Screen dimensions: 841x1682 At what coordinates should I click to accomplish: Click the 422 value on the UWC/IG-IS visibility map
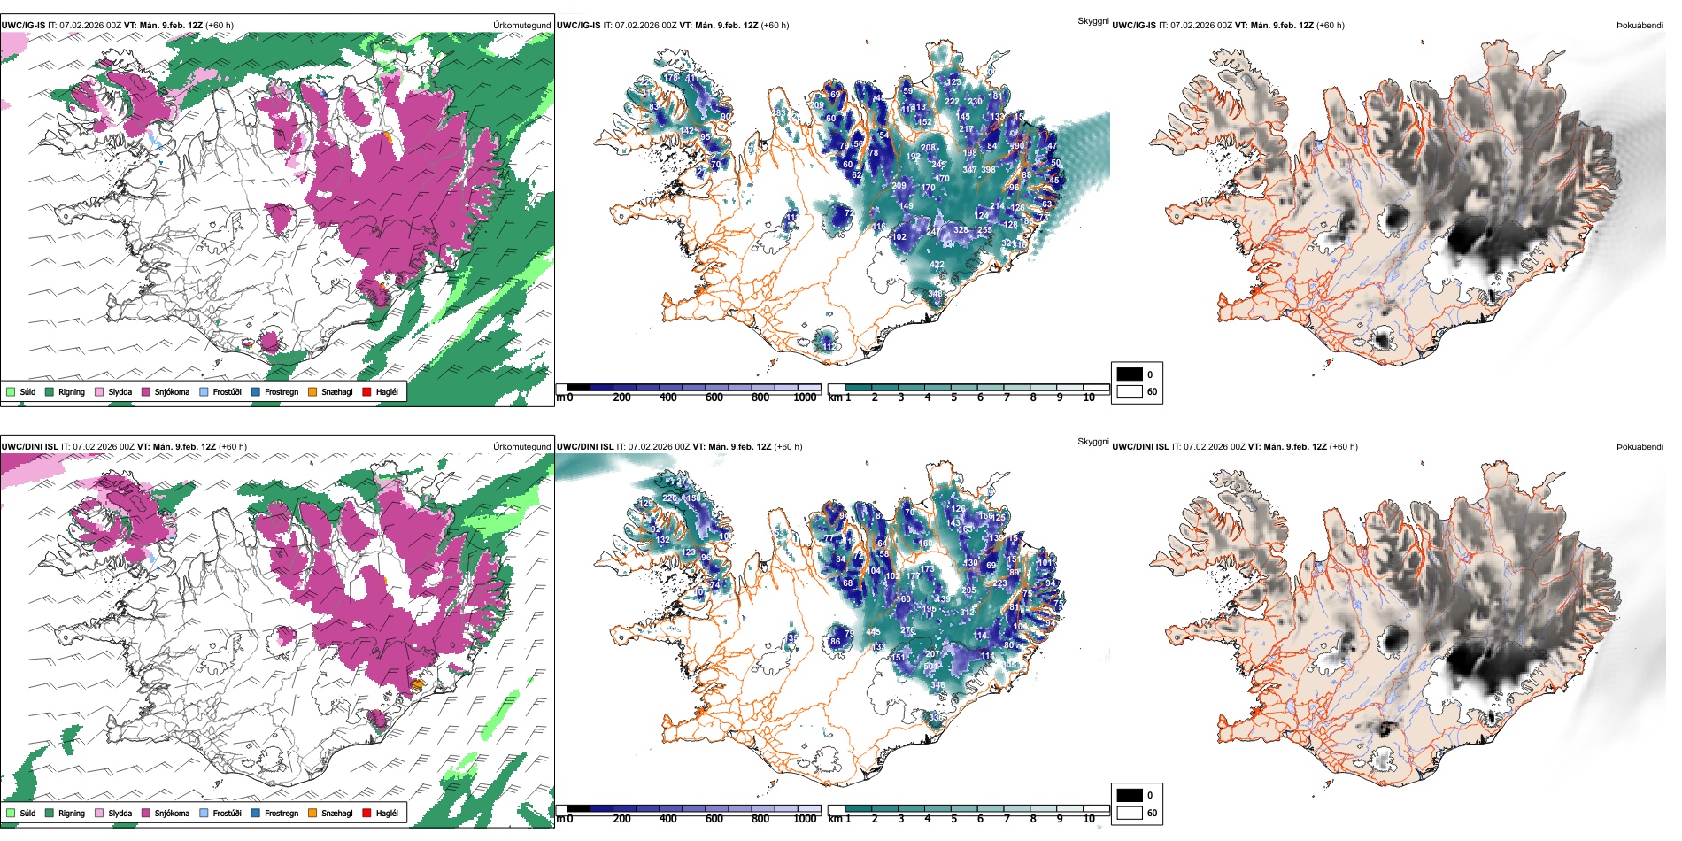coord(937,265)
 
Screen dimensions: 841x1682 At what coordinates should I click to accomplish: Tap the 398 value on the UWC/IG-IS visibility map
coord(988,170)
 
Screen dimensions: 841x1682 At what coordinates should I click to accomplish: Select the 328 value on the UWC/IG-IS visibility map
coord(961,230)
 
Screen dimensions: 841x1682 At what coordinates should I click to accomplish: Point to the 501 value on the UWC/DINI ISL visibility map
coord(931,666)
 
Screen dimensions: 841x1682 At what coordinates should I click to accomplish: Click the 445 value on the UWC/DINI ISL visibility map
coord(874,632)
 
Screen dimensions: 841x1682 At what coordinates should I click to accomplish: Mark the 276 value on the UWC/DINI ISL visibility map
coord(907,630)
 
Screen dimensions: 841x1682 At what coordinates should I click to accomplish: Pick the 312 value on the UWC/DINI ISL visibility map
coord(967,613)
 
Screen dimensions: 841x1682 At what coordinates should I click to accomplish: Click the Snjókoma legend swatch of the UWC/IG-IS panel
coord(146,391)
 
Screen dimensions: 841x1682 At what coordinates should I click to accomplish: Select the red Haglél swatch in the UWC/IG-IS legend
coord(366,391)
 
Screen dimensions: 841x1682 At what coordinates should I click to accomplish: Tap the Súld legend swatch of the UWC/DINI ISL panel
coord(11,813)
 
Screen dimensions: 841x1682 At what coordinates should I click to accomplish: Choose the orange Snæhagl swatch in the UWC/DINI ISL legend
coord(312,813)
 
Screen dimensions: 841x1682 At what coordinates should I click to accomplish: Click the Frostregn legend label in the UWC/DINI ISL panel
coord(282,813)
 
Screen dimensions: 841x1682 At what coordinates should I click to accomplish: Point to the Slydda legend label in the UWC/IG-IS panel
coord(120,391)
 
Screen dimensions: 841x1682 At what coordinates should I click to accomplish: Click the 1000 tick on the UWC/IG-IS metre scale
coord(805,397)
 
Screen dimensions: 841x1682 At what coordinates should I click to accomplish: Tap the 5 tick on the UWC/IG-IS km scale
coord(953,397)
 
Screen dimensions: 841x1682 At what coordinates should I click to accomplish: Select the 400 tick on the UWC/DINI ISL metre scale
coord(667,819)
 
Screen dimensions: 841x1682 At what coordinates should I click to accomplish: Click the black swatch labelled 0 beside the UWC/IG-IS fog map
coord(1130,374)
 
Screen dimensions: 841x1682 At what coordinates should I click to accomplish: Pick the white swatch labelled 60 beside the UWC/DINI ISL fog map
coord(1130,812)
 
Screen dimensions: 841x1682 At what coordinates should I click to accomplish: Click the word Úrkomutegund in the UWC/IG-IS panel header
coord(521,26)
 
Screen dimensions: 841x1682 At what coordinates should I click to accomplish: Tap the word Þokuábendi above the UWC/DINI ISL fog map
coord(1640,447)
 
